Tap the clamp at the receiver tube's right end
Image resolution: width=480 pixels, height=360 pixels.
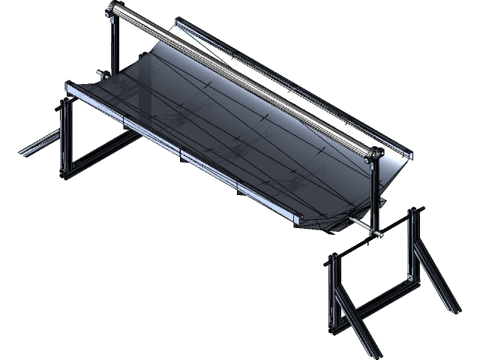pyautogui.click(x=372, y=154)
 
